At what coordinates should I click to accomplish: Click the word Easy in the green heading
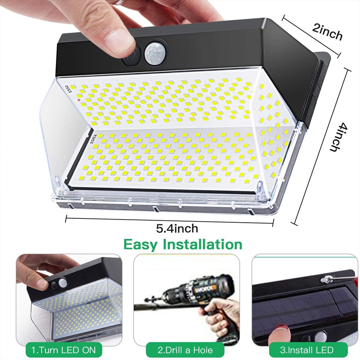(140, 244)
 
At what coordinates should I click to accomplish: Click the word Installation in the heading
(202, 244)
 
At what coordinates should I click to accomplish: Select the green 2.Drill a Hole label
(185, 350)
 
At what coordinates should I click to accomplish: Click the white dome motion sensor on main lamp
(154, 54)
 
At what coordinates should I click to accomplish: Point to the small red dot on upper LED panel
(79, 100)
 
